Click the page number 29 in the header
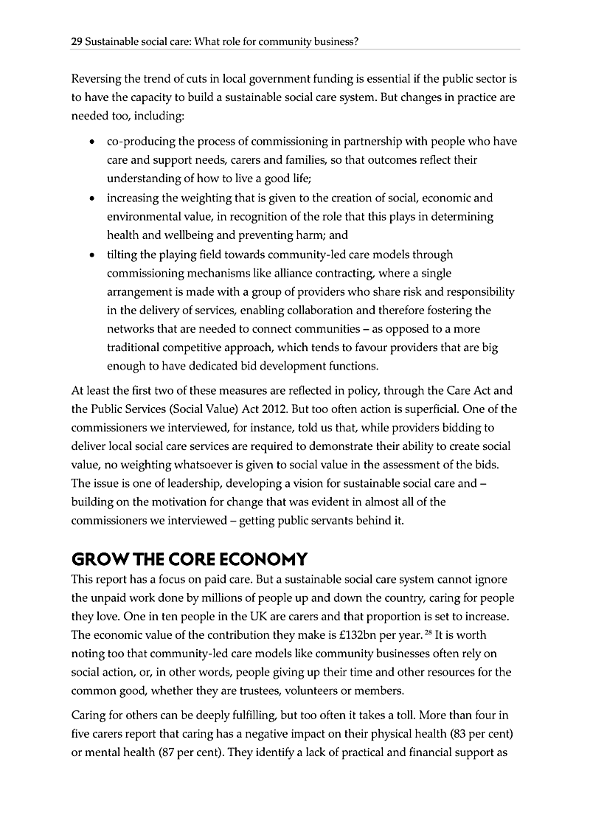tap(76, 42)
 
